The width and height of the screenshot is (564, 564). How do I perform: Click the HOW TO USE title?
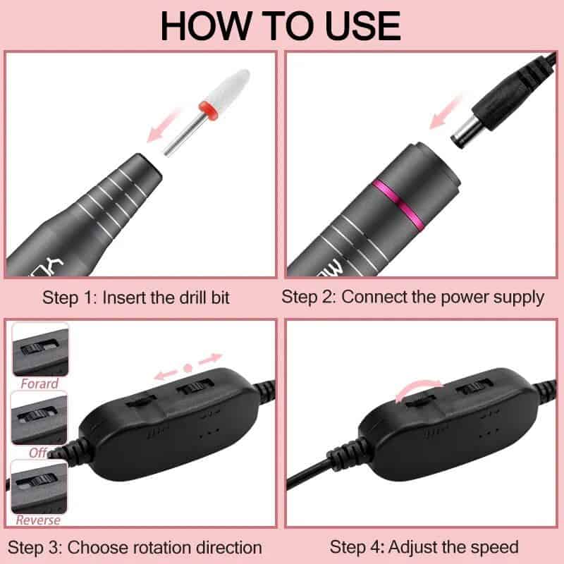281,25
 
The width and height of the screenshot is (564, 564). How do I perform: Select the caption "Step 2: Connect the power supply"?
412,297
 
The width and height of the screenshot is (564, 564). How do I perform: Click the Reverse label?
39,520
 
